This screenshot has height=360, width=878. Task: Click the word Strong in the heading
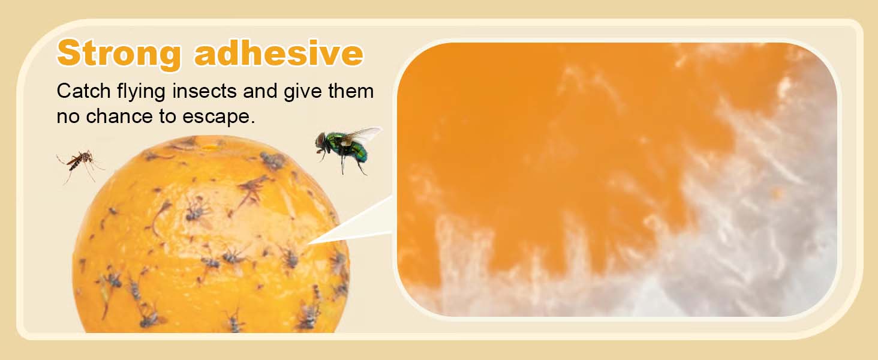click(119, 54)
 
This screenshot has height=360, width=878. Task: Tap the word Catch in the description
click(84, 91)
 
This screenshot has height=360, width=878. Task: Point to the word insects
click(205, 91)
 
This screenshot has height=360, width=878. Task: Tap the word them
click(351, 91)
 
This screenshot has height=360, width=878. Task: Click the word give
click(303, 92)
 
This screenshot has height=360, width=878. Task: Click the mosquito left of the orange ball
click(79, 164)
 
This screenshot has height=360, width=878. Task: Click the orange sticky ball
click(212, 235)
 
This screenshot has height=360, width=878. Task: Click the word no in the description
click(68, 117)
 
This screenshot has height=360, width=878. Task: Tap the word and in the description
click(260, 91)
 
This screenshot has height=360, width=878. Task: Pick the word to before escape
click(167, 116)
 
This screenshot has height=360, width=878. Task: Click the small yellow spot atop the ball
click(210, 148)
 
